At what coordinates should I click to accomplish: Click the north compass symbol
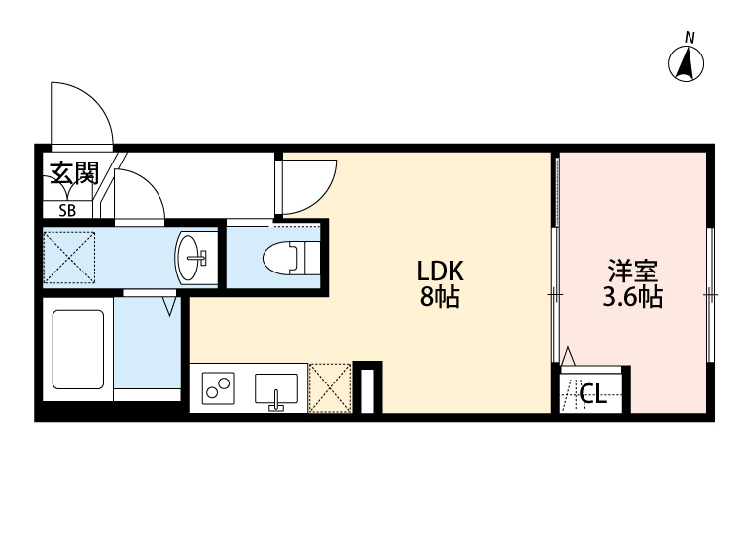coord(689,61)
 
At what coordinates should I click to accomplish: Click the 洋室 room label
coord(634,270)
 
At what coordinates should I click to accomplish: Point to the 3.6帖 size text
coord(633,296)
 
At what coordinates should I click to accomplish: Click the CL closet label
coord(592,395)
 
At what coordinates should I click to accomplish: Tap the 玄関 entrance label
coord(73,175)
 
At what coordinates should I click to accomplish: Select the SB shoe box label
coord(67,209)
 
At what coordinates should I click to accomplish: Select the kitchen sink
coord(278,388)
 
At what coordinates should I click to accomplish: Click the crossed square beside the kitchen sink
coord(330,387)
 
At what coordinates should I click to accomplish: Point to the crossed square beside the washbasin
coord(69,257)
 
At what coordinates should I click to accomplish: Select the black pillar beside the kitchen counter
coord(368,388)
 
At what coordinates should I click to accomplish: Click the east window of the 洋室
coord(710,295)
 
